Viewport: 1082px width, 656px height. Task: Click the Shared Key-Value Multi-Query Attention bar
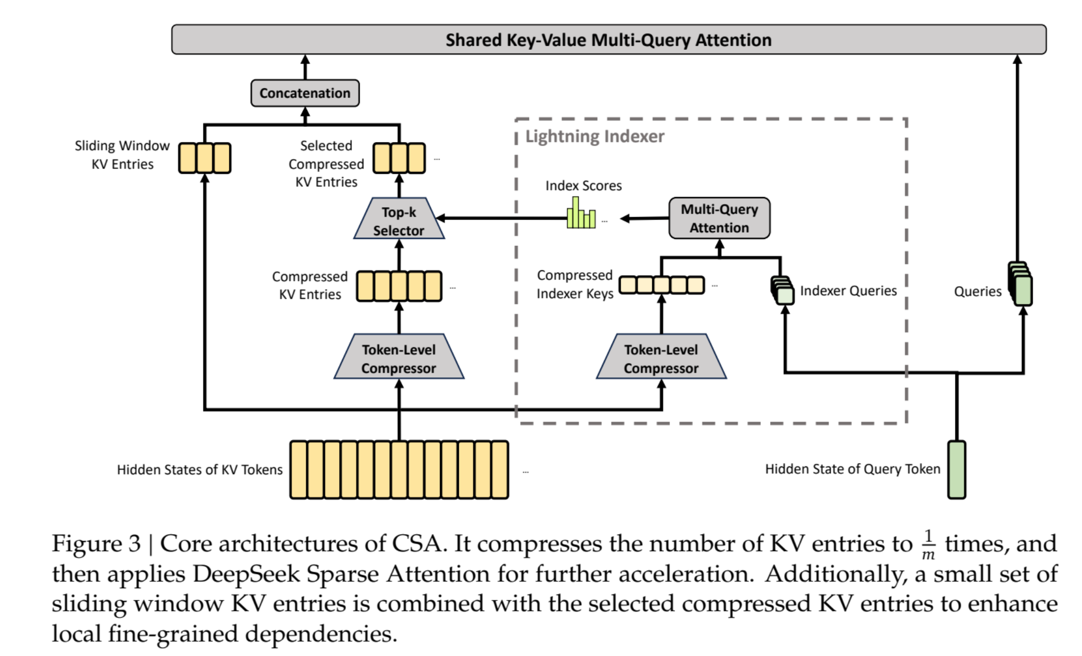[608, 40]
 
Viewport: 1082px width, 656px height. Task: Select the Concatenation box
[305, 93]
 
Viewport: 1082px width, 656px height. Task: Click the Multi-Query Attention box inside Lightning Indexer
[719, 218]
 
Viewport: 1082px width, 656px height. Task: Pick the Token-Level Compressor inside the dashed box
[661, 358]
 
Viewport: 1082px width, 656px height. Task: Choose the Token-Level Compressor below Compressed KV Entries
[398, 358]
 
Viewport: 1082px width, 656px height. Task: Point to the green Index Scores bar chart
[581, 215]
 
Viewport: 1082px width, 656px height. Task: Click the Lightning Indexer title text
[595, 137]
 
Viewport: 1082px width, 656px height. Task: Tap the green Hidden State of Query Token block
[956, 469]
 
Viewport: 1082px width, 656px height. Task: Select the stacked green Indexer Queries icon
[783, 290]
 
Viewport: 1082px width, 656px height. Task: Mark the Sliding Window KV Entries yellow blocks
[205, 158]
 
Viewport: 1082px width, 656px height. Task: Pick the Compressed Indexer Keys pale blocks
[662, 285]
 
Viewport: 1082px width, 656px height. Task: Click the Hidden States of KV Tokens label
[200, 470]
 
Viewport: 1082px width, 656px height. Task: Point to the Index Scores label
[583, 186]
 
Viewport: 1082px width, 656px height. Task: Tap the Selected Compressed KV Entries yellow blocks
[399, 158]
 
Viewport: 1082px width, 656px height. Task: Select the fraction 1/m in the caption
[928, 545]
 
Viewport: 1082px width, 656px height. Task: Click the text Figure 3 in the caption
[96, 544]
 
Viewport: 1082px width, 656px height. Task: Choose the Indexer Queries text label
[848, 291]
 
